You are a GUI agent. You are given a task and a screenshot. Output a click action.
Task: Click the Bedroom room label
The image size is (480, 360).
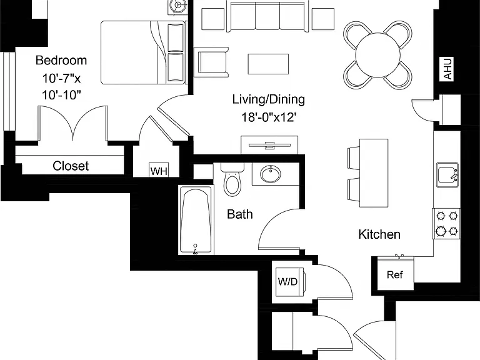pos(61,60)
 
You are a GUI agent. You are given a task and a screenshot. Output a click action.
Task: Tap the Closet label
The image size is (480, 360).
pos(71,166)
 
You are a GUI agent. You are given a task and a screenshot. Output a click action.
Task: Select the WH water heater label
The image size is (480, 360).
pos(159,171)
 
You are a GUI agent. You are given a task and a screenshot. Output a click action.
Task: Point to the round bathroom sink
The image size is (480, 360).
pos(271,174)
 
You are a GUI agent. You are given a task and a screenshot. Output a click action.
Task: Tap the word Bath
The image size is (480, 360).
pos(240,214)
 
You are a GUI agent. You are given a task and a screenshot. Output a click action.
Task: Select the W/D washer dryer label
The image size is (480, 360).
pos(287,282)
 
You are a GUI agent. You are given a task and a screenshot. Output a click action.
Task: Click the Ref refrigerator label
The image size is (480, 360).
pos(394,274)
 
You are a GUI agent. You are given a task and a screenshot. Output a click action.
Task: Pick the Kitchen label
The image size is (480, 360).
pos(379,234)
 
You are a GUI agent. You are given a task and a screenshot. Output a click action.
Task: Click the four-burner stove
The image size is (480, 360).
pos(446,224)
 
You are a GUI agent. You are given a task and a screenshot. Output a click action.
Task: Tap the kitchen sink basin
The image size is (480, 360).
pos(447,175)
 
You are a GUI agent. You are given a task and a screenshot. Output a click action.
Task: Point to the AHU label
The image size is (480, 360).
pos(447,69)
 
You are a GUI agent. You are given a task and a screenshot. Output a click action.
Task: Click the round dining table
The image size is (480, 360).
pos(378,56)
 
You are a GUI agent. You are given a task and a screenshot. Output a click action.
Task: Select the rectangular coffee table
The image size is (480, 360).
pos(268,64)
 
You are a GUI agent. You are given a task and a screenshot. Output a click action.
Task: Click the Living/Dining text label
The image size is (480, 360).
pos(269,99)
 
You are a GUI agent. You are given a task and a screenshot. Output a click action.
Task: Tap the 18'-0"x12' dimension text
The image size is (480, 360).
pos(268,117)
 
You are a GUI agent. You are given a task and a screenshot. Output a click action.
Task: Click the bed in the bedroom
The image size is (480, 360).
pos(143,52)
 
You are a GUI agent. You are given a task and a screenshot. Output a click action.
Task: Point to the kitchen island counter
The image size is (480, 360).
pos(374,173)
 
